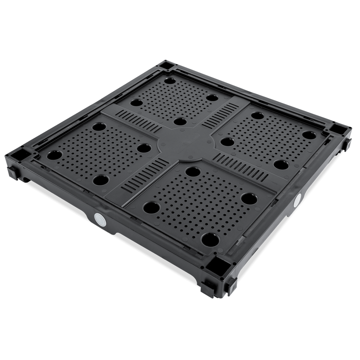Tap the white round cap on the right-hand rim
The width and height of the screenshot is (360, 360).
tap(298, 199)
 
